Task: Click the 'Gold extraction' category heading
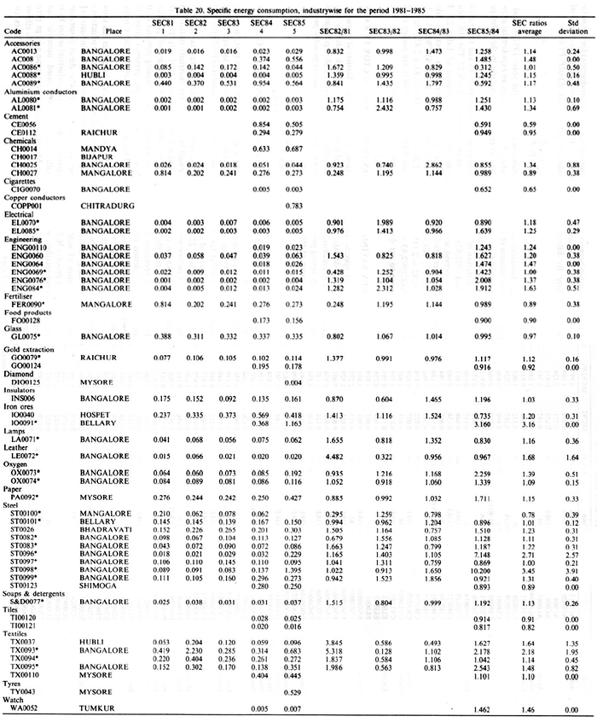pos(30,350)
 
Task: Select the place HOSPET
pos(97,415)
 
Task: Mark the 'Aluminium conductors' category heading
pos(38,93)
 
